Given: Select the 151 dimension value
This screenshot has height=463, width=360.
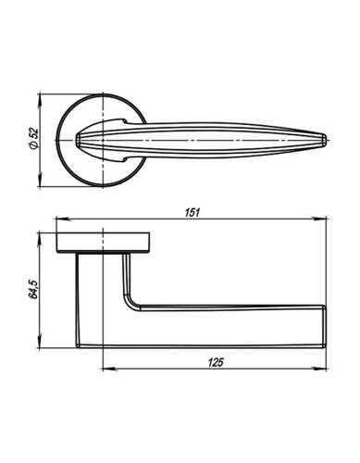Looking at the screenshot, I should (192, 213).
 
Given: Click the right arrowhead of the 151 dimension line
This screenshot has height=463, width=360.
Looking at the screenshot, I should (326, 220).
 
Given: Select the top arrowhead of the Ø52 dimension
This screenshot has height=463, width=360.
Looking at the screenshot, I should (43, 95).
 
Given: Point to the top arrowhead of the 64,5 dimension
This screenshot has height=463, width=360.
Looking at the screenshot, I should (43, 231).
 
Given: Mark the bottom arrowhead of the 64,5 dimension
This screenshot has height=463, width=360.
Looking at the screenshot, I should (43, 344).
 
